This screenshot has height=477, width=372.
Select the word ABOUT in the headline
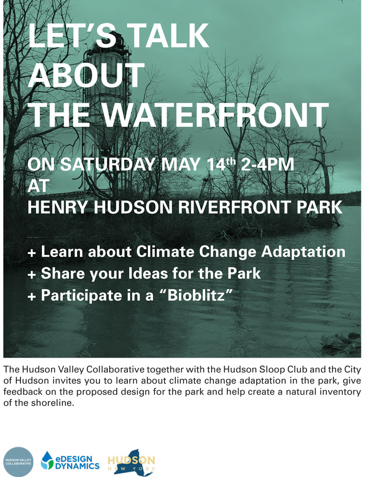tap(86, 75)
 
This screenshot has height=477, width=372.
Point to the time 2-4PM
tap(267, 164)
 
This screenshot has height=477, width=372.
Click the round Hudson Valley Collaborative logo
tap(18, 462)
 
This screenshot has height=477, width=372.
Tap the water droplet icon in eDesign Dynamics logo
tap(47, 460)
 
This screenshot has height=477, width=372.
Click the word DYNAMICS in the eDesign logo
tap(77, 466)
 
